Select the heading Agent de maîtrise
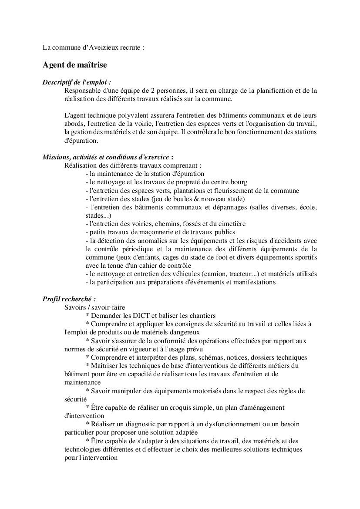(74, 65)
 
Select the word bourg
(239, 182)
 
